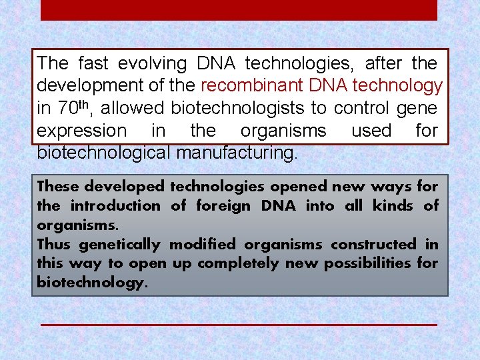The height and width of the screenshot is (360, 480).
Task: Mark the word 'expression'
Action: pos(81,131)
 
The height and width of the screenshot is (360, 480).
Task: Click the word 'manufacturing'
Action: pos(237,153)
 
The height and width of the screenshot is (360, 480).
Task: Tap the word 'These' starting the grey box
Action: pos(59,187)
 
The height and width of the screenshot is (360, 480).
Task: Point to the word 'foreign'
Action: pos(223,206)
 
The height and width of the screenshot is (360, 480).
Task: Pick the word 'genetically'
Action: pos(121,245)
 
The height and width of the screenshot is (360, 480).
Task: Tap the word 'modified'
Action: pos(203,245)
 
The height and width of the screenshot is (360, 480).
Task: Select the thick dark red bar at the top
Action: pos(239,10)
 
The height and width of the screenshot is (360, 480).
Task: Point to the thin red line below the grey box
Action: pos(239,325)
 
